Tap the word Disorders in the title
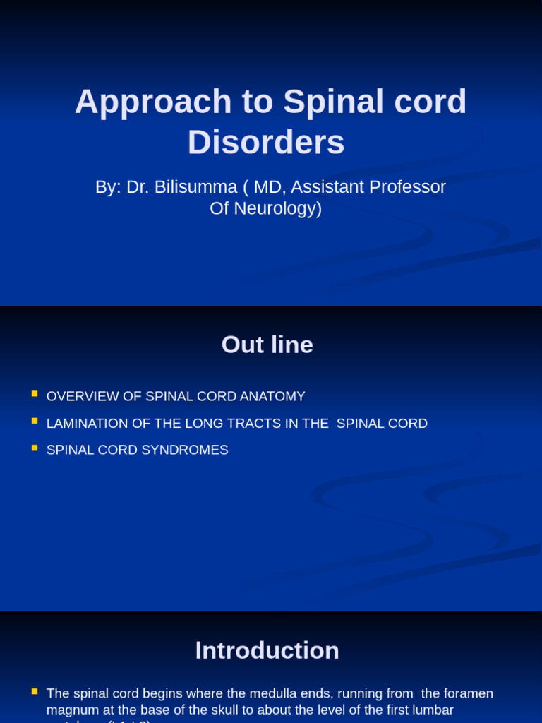click(x=266, y=142)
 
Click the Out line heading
click(x=267, y=345)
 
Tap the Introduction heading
click(x=267, y=650)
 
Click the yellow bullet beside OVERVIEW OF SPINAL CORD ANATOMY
click(x=35, y=393)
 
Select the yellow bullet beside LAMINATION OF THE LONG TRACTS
click(x=35, y=421)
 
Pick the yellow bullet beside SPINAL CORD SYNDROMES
click(x=35, y=448)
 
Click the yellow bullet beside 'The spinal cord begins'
click(x=35, y=691)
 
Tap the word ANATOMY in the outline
click(x=272, y=396)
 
